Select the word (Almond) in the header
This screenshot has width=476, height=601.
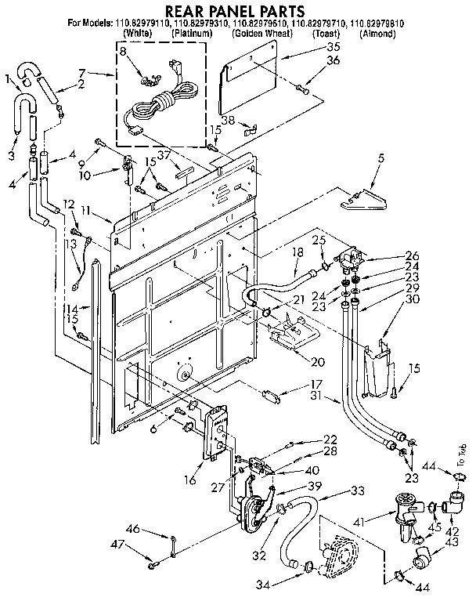pos(379,35)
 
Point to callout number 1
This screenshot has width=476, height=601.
pos(8,77)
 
